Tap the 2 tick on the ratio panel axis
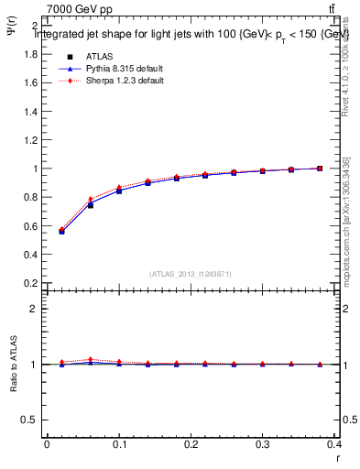pyautogui.click(x=33, y=309)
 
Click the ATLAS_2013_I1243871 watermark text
pyautogui.click(x=190, y=274)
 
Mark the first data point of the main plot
pyautogui.click(x=61, y=231)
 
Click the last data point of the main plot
pyautogui.click(x=320, y=169)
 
